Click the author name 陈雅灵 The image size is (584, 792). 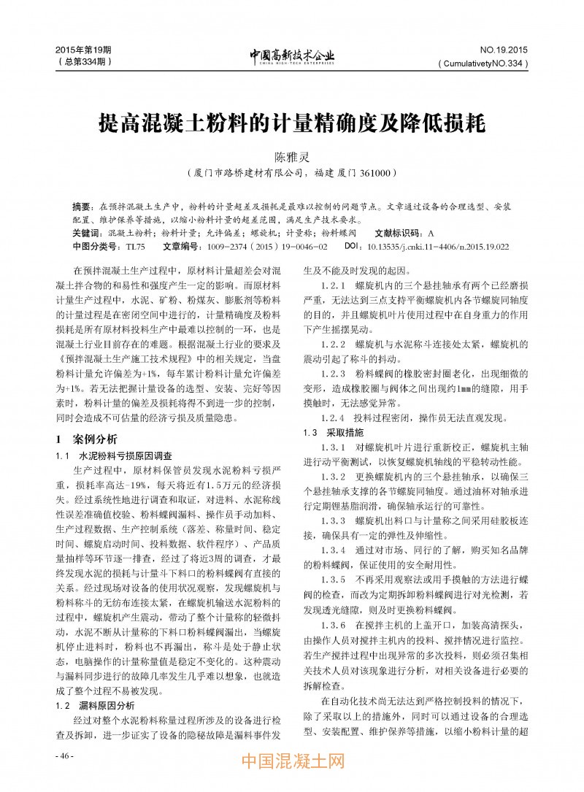pos(291,157)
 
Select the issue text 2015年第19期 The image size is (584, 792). pos(82,50)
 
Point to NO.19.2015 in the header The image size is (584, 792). pos(503,50)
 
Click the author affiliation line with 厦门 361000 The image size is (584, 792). pos(291,174)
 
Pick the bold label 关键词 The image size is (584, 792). pos(87,233)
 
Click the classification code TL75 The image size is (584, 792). pos(136,247)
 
